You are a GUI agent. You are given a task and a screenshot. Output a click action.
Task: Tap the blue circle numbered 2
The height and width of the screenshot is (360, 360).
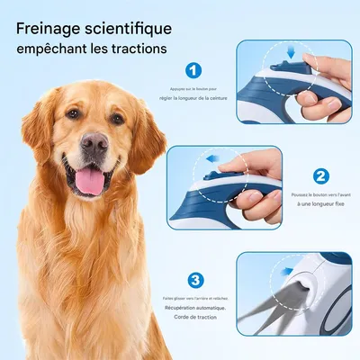[322, 175]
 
